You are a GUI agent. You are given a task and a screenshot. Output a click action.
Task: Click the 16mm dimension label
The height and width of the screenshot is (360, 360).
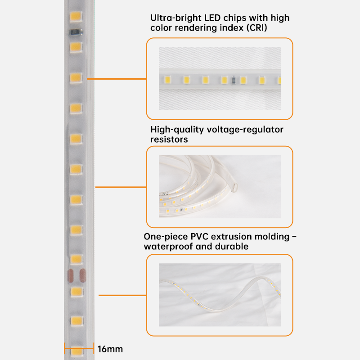coord(110,349)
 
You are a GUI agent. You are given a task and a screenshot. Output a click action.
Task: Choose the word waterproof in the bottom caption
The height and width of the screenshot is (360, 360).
coord(166,247)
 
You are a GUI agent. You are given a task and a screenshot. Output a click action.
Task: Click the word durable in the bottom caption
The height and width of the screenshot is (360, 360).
coord(233,247)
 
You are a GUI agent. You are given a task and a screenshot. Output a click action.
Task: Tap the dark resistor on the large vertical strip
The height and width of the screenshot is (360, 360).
coord(75,32)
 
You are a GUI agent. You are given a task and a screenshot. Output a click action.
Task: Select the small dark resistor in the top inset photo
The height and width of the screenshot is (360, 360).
coord(233,81)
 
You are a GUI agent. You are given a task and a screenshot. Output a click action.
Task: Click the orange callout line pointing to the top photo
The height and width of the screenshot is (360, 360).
coord(117,79)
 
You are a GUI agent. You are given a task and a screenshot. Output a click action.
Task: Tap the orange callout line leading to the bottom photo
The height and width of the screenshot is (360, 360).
coord(122,295)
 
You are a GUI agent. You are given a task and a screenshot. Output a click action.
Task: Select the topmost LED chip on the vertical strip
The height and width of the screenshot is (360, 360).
coord(75,17)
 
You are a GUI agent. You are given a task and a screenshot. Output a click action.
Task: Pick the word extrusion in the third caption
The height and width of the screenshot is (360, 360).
coord(234,236)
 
